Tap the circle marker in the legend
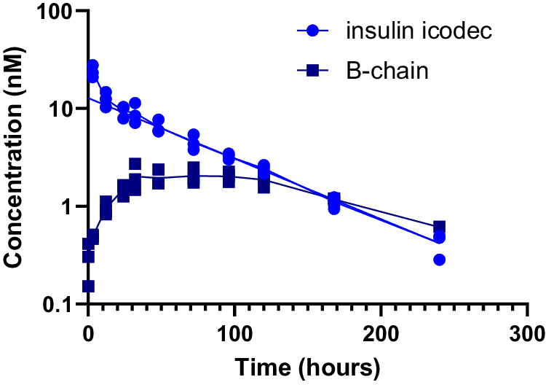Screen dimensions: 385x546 (312, 32)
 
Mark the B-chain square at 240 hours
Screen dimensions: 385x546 (439, 227)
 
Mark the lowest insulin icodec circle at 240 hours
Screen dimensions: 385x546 (439, 260)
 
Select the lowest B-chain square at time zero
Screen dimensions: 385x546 (88, 287)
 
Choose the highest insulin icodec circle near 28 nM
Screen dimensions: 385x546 (92, 66)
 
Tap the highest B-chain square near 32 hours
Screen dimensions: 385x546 (135, 164)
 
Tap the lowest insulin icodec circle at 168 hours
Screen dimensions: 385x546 (334, 209)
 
